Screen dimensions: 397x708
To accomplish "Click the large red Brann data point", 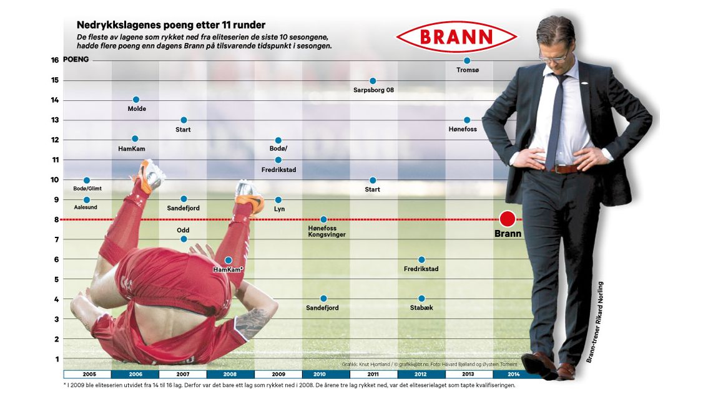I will click(507, 219).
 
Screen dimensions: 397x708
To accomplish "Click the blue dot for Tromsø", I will click(467, 60).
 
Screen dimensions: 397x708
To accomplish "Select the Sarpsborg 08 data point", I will click(373, 80).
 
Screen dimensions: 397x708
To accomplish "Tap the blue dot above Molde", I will click(135, 100).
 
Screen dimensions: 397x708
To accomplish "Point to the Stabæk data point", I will click(421, 299).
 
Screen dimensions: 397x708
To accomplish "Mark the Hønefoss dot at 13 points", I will click(467, 120).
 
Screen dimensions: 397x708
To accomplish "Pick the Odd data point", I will click(183, 239).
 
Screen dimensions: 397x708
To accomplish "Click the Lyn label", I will click(279, 209).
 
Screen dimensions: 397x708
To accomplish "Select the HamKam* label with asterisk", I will click(228, 270).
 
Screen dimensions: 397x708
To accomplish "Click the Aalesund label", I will click(86, 207).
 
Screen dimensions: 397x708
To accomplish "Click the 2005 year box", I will click(87, 375).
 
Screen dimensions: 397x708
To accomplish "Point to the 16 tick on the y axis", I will click(55, 60).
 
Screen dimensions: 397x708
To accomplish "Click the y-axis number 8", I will click(56, 219).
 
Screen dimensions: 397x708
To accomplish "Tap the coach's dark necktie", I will click(555, 118).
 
